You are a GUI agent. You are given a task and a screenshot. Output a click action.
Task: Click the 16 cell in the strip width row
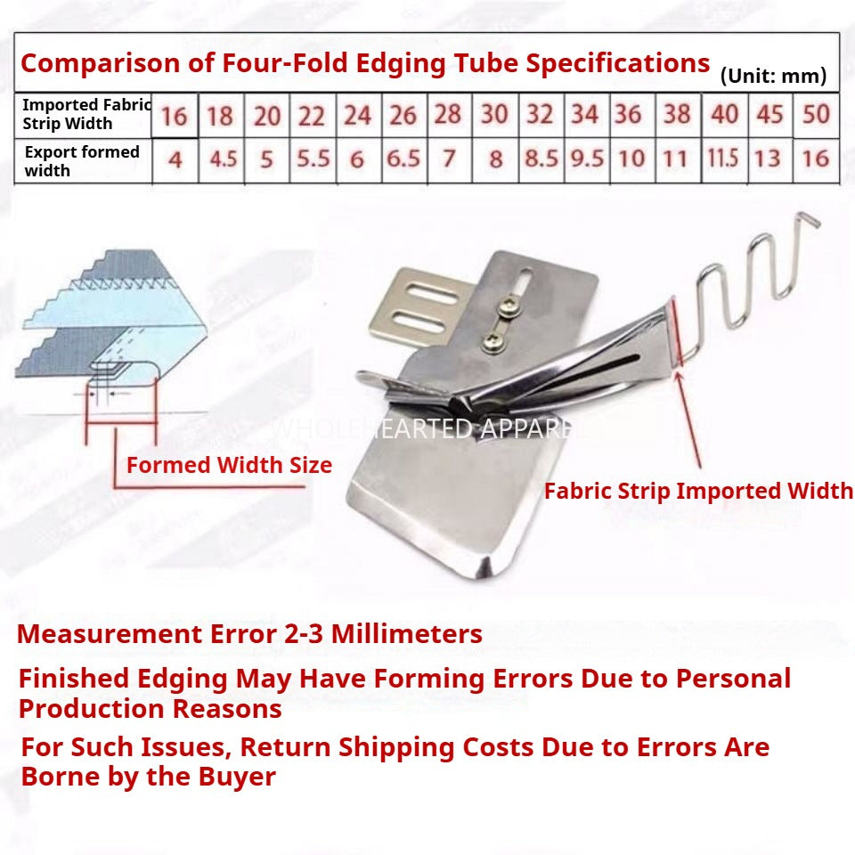point(175,115)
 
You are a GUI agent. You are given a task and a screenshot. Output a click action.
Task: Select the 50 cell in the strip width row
point(816,114)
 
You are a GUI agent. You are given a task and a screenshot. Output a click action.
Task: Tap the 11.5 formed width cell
point(723,159)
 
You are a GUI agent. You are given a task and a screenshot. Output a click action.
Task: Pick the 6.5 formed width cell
point(403,159)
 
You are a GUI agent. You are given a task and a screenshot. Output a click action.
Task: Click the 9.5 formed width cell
point(585,159)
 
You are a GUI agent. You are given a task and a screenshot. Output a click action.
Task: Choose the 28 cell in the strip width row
point(448,115)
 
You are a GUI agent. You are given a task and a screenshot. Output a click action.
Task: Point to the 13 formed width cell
point(768,159)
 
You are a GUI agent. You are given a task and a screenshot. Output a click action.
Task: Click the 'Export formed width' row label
point(81,160)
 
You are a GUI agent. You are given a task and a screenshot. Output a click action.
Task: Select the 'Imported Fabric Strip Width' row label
point(85,115)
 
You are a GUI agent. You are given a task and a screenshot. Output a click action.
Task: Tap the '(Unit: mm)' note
point(773,76)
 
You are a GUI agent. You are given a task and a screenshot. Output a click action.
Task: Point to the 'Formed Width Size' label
point(229,465)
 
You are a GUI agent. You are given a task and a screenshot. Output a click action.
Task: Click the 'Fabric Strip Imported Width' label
point(698,491)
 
